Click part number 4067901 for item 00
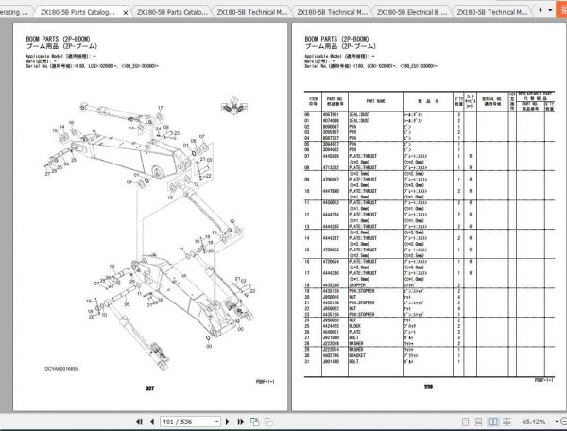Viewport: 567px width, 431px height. click(x=334, y=114)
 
